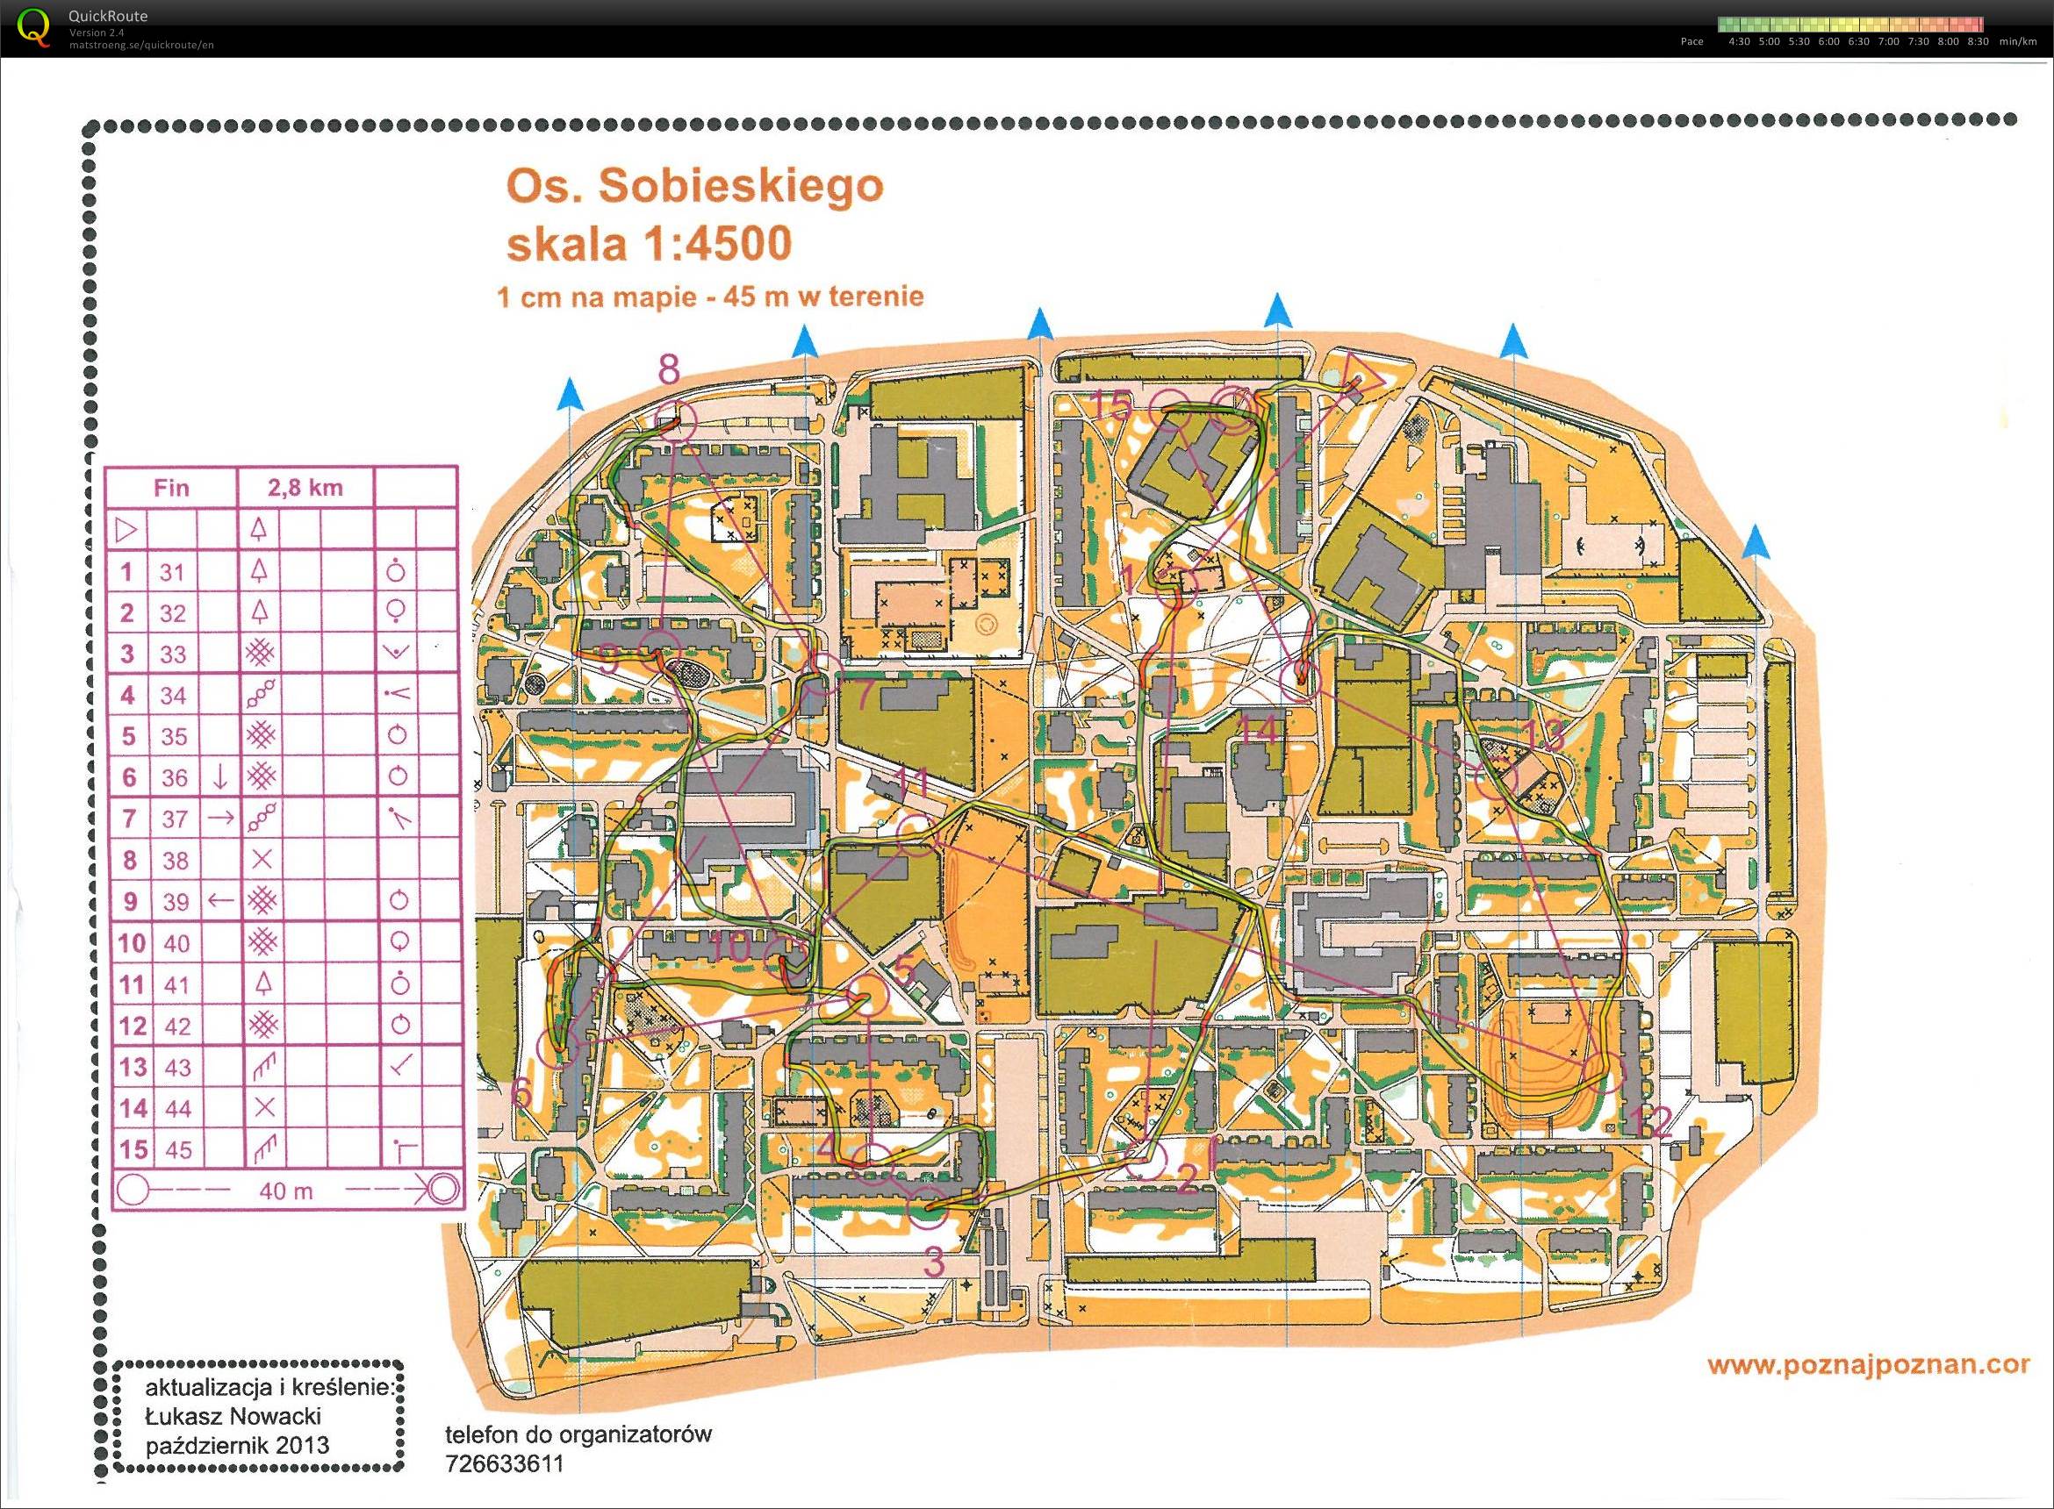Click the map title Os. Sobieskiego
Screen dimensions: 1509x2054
tap(694, 186)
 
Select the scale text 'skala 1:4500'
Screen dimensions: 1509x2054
tap(649, 244)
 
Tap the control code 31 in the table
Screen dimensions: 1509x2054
tap(172, 573)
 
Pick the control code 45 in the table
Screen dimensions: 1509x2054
tap(178, 1149)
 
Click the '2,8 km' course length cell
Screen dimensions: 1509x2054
tap(305, 488)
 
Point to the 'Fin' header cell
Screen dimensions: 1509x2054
tap(171, 488)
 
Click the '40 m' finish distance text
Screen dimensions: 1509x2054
tap(285, 1191)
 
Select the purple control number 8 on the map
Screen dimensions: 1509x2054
tap(669, 370)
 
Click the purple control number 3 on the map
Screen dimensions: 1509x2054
tap(934, 1262)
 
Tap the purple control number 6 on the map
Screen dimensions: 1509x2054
tap(521, 1092)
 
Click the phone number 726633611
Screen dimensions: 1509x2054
tap(505, 1464)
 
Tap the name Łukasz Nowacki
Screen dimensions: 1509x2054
tap(233, 1417)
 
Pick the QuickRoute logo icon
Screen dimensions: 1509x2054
tap(34, 27)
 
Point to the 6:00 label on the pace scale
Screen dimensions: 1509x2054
tap(1828, 41)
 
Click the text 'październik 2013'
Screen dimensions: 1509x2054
tap(238, 1446)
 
